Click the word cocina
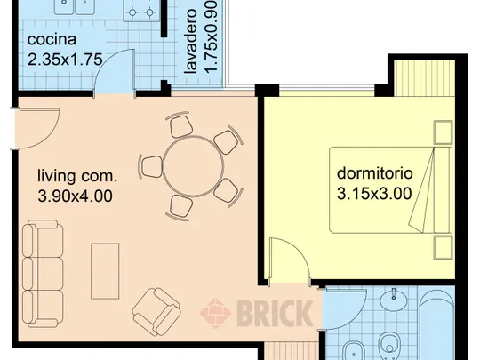click(52, 40)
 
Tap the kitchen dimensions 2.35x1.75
click(65, 60)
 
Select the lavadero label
click(191, 41)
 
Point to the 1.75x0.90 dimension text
click(211, 36)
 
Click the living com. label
click(77, 176)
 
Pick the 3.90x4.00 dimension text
click(75, 196)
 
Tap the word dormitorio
click(375, 173)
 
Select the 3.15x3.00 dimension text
click(374, 194)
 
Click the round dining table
click(194, 166)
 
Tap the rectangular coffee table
click(105, 271)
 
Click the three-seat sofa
click(43, 274)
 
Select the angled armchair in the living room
click(156, 312)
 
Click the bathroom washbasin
click(394, 298)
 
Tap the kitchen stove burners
click(141, 11)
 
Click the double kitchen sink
click(75, 7)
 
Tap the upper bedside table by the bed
click(443, 132)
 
